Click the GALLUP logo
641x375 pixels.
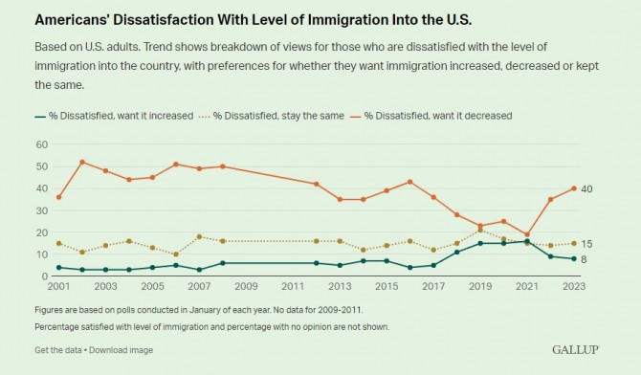click(x=575, y=349)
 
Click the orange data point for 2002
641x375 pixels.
click(x=82, y=162)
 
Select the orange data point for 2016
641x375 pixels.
click(x=410, y=182)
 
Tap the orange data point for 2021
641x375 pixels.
click(x=527, y=234)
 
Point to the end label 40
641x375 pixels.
click(x=586, y=188)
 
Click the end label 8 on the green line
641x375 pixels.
click(x=584, y=259)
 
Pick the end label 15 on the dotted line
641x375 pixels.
click(x=586, y=244)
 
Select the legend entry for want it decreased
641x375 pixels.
click(x=431, y=116)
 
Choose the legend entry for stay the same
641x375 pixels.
click(x=272, y=116)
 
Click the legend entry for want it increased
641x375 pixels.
click(x=114, y=116)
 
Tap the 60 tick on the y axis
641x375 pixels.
click(x=42, y=144)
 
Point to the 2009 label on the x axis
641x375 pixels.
click(x=246, y=286)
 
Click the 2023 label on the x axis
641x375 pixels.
click(x=573, y=286)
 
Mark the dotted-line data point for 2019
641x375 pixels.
click(x=480, y=231)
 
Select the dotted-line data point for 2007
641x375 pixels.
click(x=200, y=237)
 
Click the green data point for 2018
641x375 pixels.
click(x=456, y=253)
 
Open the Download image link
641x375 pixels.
click(x=121, y=350)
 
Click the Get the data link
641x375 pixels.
click(x=58, y=350)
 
